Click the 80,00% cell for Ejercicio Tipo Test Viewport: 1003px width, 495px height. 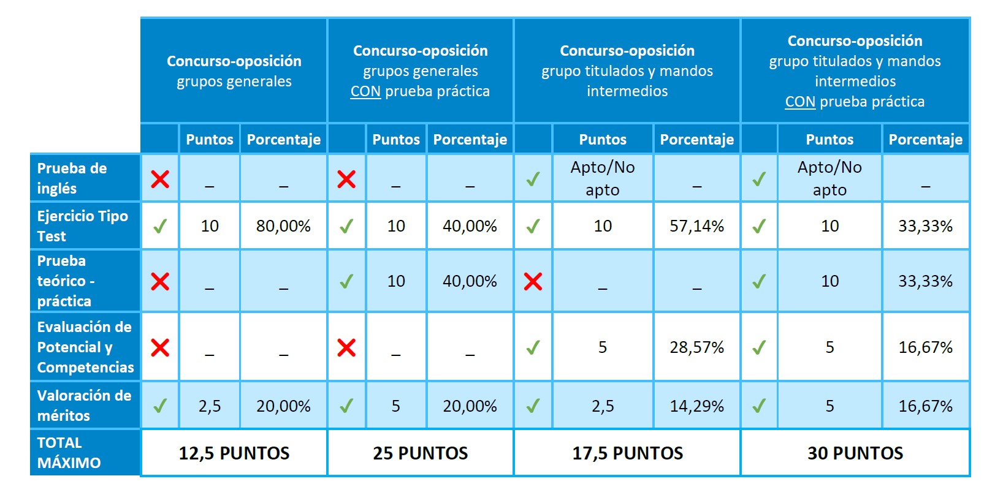tap(283, 226)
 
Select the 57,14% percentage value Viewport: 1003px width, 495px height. tap(696, 226)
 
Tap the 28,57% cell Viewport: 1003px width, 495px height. tap(696, 347)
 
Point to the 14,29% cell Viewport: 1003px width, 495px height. tap(696, 406)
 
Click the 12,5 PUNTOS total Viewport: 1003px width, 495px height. tap(234, 453)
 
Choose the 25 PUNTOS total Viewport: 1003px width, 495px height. tap(421, 453)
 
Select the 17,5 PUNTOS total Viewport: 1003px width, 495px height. tap(627, 453)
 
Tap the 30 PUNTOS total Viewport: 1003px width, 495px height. tap(855, 453)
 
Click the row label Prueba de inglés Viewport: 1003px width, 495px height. tap(72, 178)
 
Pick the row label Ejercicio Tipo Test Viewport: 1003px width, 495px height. tap(82, 226)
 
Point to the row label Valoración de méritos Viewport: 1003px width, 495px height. tap(84, 406)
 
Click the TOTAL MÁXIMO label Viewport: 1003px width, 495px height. tap(69, 453)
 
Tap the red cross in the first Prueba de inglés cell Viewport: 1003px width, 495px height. tap(160, 179)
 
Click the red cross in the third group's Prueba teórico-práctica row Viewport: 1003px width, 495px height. tap(533, 282)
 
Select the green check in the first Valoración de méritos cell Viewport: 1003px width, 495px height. tap(160, 406)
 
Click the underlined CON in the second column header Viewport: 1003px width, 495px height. tap(365, 92)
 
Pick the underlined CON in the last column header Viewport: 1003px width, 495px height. tap(800, 102)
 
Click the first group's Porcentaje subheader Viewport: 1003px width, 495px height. tap(283, 140)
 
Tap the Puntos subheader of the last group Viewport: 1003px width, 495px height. tap(829, 140)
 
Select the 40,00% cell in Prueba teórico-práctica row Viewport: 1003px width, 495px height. tap(470, 281)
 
